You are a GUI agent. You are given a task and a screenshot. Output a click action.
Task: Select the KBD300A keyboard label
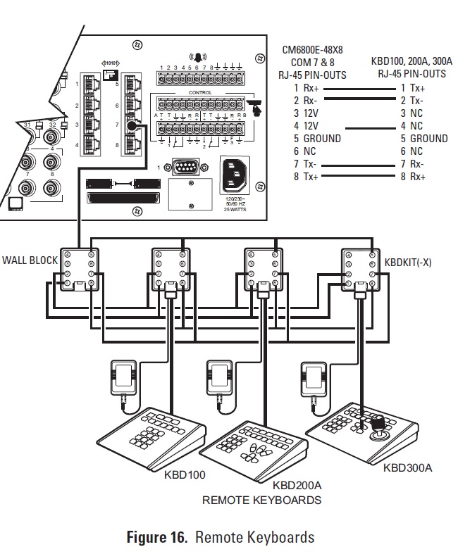[x=408, y=467]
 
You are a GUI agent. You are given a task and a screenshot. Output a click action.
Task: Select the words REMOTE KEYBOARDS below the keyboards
[x=261, y=501]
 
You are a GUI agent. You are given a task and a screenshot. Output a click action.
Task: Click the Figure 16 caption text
[x=220, y=537]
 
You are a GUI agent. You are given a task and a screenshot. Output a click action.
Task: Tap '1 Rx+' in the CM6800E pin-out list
[x=306, y=88]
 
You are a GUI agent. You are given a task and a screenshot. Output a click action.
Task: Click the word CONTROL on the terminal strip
[x=199, y=92]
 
